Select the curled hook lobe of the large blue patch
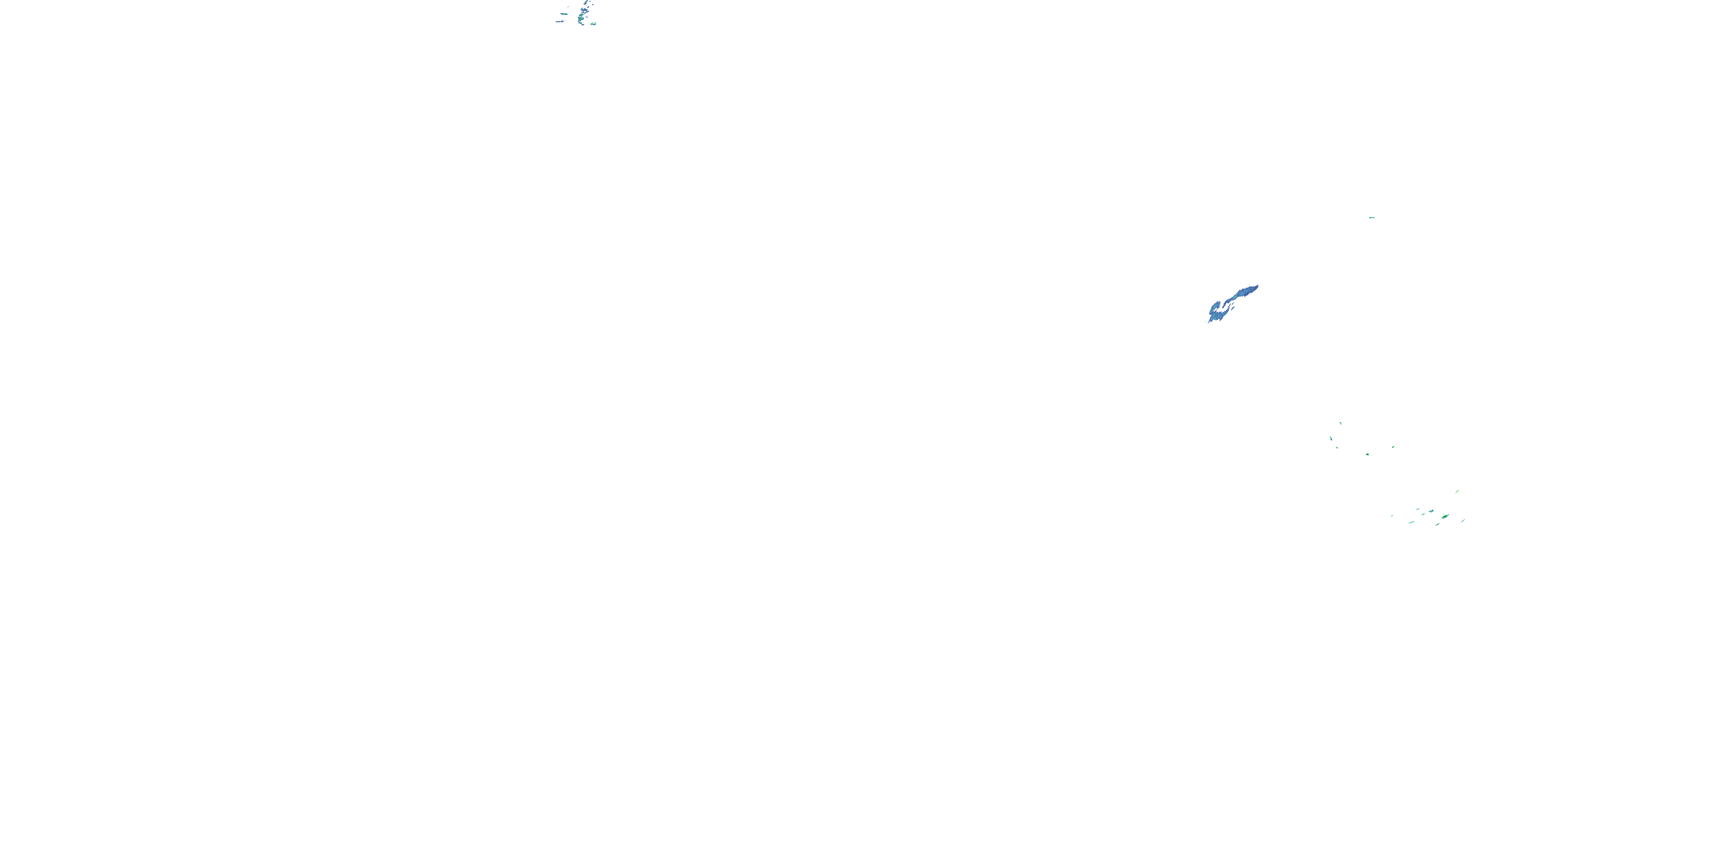1216,307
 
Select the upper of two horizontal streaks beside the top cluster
565,13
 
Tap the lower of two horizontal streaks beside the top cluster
560,21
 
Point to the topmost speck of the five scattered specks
1341,423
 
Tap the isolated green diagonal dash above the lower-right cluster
1457,492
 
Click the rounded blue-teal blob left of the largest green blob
1431,511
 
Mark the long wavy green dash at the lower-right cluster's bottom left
1411,522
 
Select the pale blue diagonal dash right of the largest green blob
1462,521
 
